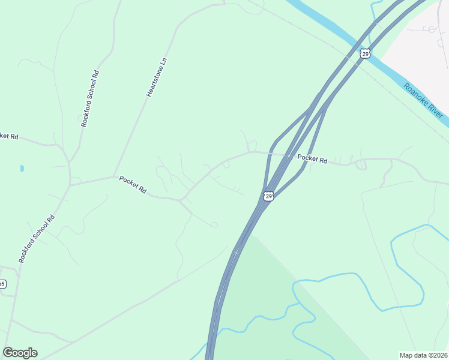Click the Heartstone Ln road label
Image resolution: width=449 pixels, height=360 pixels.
click(x=156, y=77)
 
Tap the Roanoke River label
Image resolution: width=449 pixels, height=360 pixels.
click(x=424, y=100)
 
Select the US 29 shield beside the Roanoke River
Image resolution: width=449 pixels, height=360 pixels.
click(x=366, y=54)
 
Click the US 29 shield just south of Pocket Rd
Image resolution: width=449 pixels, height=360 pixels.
click(x=268, y=196)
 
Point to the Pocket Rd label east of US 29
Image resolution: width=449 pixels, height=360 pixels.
click(x=312, y=159)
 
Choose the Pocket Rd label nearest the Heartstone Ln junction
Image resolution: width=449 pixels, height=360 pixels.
click(x=133, y=184)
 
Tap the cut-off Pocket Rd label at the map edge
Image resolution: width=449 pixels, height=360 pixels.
click(x=9, y=136)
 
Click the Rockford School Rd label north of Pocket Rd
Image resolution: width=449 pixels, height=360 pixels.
click(x=89, y=98)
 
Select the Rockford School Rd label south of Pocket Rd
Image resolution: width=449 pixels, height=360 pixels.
click(x=37, y=239)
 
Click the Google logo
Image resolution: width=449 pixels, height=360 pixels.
click(x=20, y=353)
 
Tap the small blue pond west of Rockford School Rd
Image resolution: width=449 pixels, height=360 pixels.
click(x=22, y=169)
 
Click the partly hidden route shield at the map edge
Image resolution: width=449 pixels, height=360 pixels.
click(x=2, y=284)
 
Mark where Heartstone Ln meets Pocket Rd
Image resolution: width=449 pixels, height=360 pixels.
click(x=114, y=176)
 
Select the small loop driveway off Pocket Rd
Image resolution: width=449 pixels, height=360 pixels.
click(x=361, y=165)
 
